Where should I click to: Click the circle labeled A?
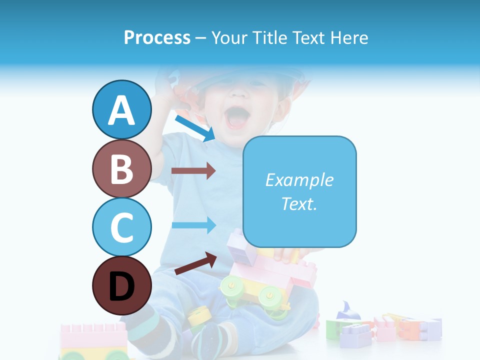(121, 110)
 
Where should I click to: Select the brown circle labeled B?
(121, 168)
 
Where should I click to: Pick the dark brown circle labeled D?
(121, 285)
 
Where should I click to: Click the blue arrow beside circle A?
(194, 128)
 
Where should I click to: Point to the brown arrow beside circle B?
(193, 171)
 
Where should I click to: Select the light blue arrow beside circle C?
(193, 224)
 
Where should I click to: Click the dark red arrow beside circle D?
(195, 263)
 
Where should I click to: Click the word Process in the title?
(157, 38)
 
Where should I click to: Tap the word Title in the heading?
(268, 38)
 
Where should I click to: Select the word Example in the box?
(299, 180)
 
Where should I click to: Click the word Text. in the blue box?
(299, 203)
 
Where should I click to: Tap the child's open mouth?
(237, 118)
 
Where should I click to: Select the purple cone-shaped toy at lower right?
(348, 311)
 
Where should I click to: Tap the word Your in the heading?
(228, 38)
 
